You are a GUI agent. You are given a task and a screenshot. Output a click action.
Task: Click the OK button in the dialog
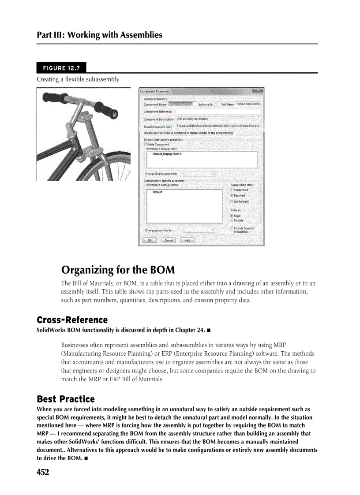click(x=150, y=240)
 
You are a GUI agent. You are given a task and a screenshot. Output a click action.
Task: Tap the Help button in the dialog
click(x=187, y=240)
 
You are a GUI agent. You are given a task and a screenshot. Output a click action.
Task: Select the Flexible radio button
click(x=232, y=220)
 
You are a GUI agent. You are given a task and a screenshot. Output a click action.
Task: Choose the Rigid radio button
click(x=232, y=216)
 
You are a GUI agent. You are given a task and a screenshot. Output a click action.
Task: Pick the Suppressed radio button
click(x=232, y=190)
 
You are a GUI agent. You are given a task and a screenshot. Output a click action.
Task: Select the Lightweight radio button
click(x=232, y=201)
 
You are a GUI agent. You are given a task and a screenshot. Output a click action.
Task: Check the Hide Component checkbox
click(x=146, y=144)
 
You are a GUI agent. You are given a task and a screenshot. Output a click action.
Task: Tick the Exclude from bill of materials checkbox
click(x=232, y=228)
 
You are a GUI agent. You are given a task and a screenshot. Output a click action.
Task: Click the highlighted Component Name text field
click(x=181, y=104)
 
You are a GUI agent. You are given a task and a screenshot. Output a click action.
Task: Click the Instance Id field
click(x=217, y=104)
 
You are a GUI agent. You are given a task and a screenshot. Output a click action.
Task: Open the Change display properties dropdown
click(x=199, y=174)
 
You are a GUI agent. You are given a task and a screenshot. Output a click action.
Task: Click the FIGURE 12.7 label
click(x=61, y=68)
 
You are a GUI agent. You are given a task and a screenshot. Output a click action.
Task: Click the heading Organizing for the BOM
click(x=118, y=269)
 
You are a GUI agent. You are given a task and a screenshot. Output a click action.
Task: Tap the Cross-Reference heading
click(x=72, y=320)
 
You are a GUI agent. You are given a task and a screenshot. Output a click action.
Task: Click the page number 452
click(x=43, y=472)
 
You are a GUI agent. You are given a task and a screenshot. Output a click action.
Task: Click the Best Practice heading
click(x=66, y=399)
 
